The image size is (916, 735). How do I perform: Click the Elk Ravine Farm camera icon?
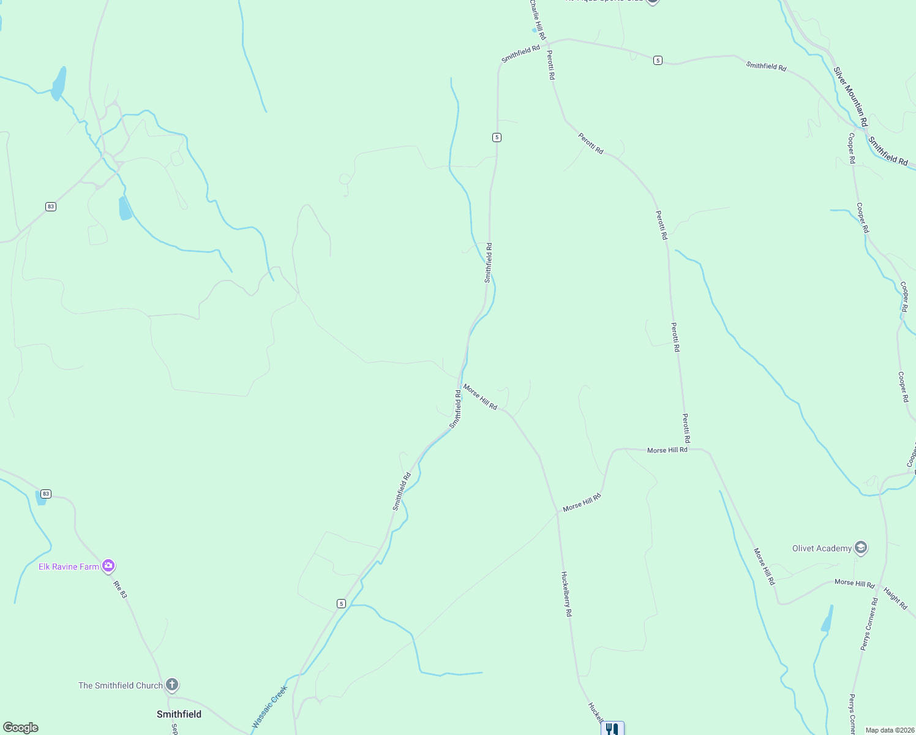point(109,565)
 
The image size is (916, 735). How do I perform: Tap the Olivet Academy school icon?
point(861,547)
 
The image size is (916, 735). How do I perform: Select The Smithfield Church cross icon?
point(172,684)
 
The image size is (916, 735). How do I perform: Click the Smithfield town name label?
point(179,714)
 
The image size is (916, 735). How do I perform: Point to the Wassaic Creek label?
point(269,707)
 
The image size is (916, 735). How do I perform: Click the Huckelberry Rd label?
point(566,594)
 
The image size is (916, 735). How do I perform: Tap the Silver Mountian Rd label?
point(850,97)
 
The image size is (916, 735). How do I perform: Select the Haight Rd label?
point(895,598)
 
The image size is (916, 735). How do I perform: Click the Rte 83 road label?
point(120,589)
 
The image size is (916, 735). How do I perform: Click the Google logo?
point(21,728)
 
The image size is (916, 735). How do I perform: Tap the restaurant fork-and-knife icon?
point(612,729)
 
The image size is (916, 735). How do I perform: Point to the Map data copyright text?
point(888,730)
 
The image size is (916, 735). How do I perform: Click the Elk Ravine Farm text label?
point(69,567)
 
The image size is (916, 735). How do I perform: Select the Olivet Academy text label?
point(822,548)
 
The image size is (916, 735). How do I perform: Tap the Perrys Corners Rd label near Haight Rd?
point(869,624)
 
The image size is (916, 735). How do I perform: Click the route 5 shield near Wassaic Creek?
point(341,603)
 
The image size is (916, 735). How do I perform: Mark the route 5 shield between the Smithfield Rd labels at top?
point(658,60)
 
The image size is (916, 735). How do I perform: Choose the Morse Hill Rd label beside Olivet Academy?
point(854,583)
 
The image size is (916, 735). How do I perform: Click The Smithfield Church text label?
point(121,685)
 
